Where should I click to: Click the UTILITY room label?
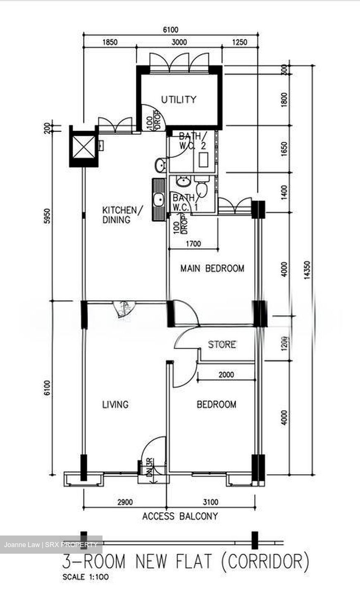point(179,100)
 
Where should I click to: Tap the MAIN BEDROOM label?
point(212,269)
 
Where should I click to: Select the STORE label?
point(222,345)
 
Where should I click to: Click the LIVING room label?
point(115,405)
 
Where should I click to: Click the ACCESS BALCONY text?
point(180,516)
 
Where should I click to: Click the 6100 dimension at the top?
point(171,30)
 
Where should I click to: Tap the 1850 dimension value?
point(110,42)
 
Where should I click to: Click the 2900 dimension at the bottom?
point(125,502)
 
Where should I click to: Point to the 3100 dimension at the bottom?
point(211,502)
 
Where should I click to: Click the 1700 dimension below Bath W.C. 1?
point(193,244)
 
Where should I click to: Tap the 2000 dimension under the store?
point(226,375)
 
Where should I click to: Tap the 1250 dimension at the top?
point(239,42)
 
